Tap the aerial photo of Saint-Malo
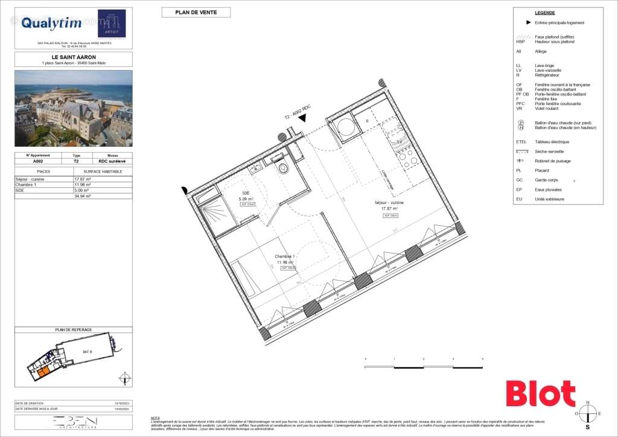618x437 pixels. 73,108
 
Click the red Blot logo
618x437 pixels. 540,394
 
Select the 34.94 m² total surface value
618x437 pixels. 83,196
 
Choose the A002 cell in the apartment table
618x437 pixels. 37,161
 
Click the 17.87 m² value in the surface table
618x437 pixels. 83,180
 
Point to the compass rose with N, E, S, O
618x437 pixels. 588,413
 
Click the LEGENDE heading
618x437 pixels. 544,13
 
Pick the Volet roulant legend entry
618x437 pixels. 546,108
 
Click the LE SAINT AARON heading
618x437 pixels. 73,57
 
